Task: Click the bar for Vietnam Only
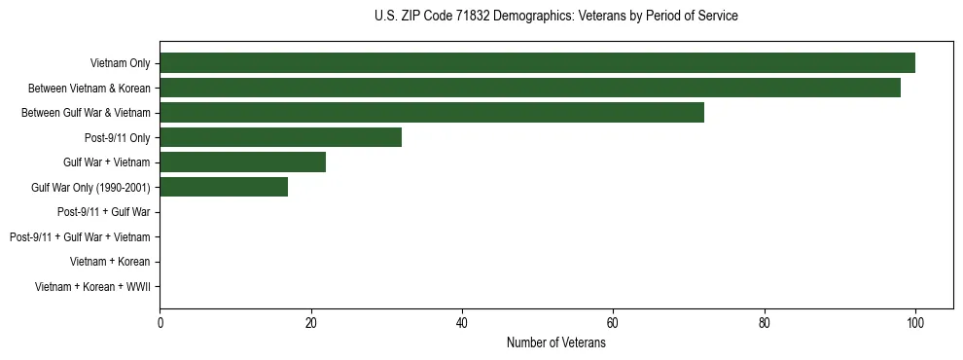537,63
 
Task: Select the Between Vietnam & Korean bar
530,88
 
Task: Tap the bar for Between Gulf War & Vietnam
432,113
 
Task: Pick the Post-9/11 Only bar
280,137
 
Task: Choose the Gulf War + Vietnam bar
242,162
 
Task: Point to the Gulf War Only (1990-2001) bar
224,187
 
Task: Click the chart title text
555,17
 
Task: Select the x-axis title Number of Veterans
555,343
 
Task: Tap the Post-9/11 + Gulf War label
103,212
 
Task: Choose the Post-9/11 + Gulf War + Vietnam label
80,237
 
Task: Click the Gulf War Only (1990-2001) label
90,188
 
